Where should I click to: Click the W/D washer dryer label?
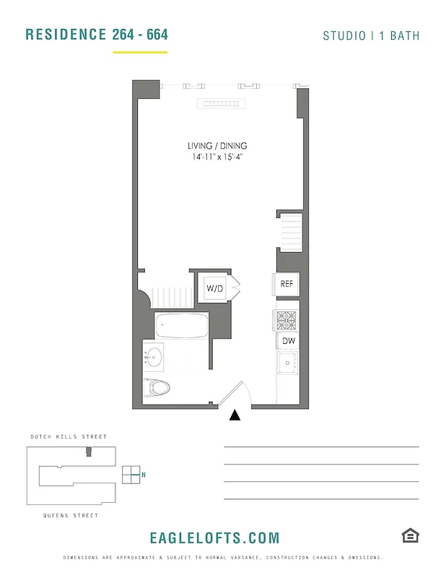point(215,289)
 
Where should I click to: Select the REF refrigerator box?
point(286,284)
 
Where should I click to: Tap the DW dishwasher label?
point(288,341)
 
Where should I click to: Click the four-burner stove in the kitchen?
point(286,320)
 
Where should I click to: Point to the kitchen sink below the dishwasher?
point(288,363)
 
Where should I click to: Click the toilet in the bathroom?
point(157,387)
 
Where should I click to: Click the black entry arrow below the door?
point(235,415)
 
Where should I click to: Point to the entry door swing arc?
point(238,394)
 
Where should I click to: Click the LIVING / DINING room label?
point(217,146)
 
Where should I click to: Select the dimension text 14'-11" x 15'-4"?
point(217,157)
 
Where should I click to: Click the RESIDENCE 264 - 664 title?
point(97,35)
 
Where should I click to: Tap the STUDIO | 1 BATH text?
point(371,35)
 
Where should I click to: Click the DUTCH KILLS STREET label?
point(69,437)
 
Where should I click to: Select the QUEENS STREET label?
point(71,516)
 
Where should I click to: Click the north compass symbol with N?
point(133,475)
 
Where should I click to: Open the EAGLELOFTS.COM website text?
point(214,538)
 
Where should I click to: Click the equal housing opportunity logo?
point(411,535)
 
